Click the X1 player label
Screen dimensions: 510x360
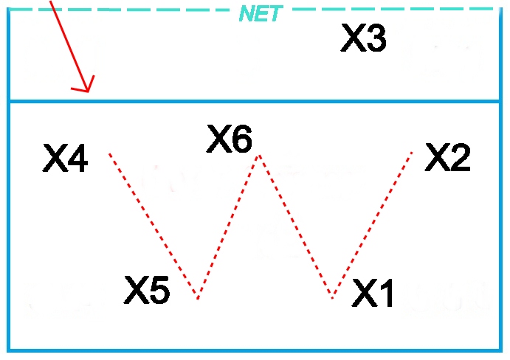(373, 293)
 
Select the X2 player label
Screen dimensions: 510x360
(447, 158)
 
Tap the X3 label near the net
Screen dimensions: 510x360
(363, 38)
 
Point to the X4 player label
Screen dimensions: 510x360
(66, 159)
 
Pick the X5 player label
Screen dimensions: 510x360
(147, 291)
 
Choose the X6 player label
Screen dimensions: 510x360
(229, 139)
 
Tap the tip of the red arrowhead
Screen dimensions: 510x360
(88, 92)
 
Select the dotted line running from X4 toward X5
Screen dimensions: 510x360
(154, 226)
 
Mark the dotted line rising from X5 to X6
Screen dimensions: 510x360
(228, 226)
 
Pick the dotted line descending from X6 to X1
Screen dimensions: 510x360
(295, 226)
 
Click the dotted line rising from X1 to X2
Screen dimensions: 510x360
(373, 225)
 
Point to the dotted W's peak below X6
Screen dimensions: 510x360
(258, 155)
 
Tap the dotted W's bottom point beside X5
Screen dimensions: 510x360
(197, 297)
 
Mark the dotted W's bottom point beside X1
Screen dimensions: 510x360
(333, 298)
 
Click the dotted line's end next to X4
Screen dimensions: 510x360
(110, 153)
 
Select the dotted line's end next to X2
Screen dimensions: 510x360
(412, 151)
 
